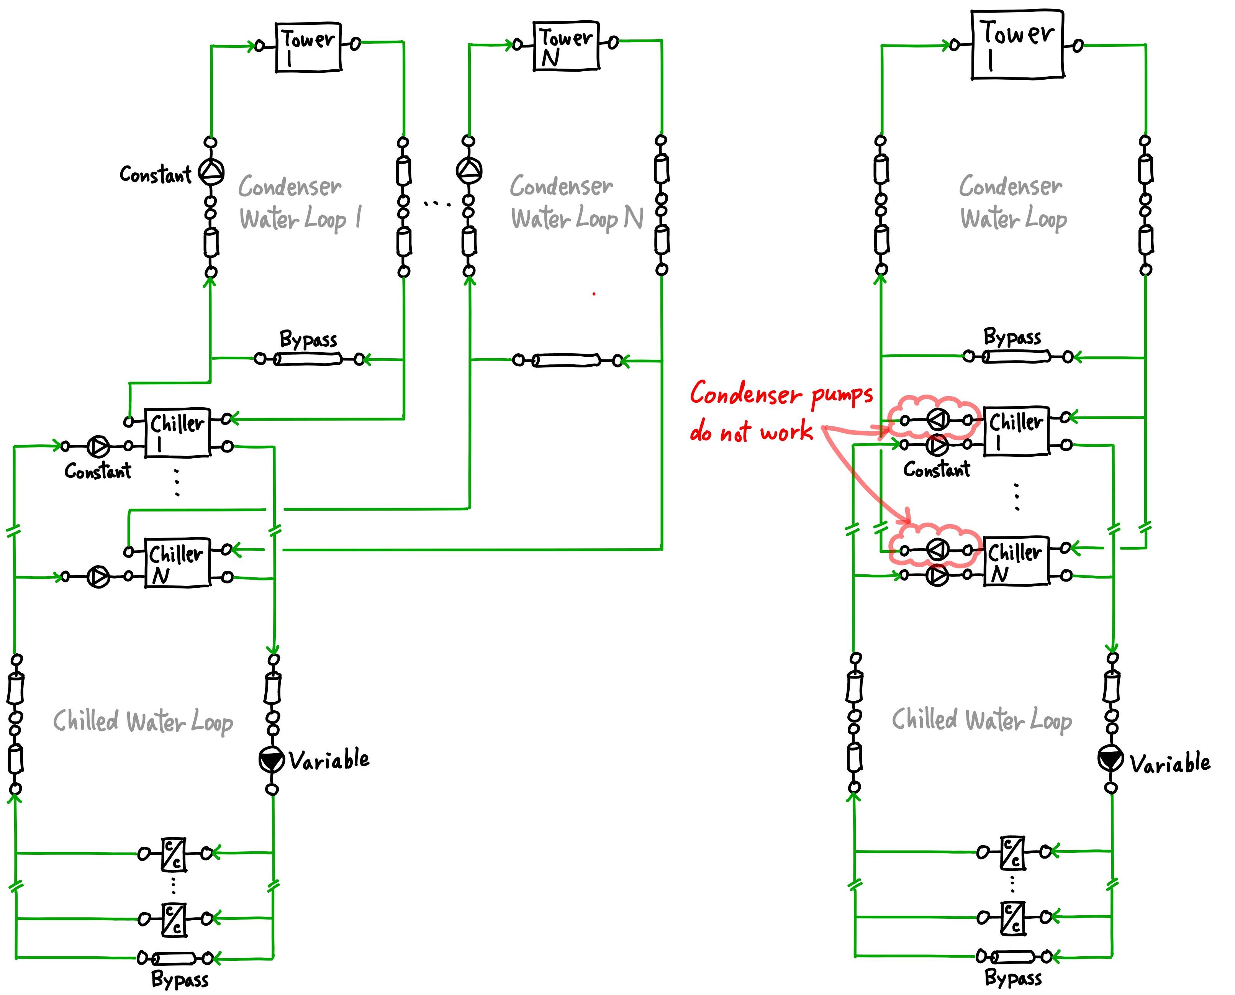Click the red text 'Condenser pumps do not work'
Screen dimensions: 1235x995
[781, 411]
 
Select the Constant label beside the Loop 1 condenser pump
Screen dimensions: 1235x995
[155, 174]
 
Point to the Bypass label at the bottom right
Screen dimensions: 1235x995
[1013, 977]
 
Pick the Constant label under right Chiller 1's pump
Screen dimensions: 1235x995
[937, 469]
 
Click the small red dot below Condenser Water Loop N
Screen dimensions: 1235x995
[594, 294]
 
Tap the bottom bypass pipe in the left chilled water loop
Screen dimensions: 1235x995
[174, 958]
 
